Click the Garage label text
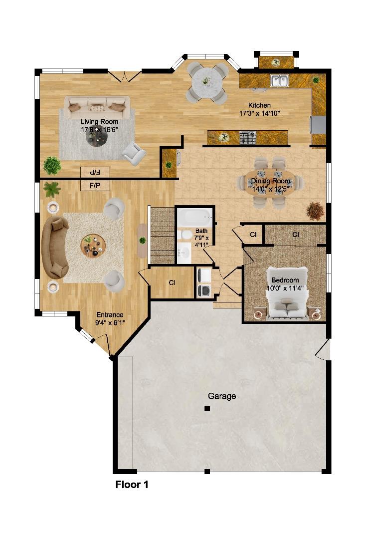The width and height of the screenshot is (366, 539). click(x=222, y=396)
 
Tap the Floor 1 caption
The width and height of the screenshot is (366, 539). click(x=132, y=484)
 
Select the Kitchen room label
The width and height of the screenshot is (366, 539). click(x=260, y=105)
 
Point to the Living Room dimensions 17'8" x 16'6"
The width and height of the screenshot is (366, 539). click(x=100, y=130)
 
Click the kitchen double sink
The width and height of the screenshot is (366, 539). click(x=279, y=80)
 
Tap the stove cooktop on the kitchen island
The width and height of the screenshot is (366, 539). click(x=248, y=135)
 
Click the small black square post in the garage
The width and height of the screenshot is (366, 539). click(x=207, y=409)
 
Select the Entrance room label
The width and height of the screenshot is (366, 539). click(x=110, y=315)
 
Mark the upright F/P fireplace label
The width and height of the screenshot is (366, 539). click(x=95, y=186)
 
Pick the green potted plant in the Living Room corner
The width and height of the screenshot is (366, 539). click(x=51, y=164)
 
